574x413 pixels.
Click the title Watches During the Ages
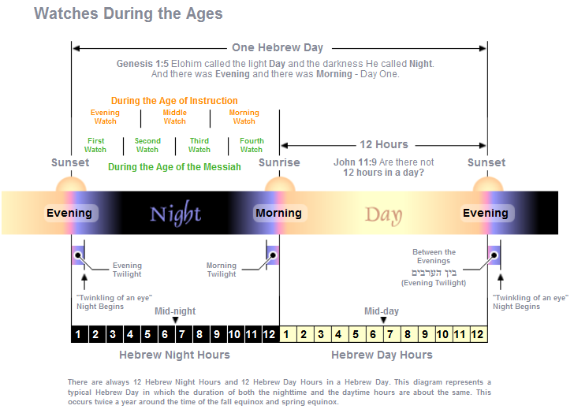[x=128, y=14]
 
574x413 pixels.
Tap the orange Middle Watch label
[x=174, y=117]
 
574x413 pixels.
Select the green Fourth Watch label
[x=252, y=145]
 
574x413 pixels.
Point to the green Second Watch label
[x=147, y=145]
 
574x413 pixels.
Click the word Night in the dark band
[x=175, y=214]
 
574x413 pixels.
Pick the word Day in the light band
[x=383, y=215]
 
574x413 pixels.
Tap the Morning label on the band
[x=278, y=213]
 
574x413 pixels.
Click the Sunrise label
[x=279, y=162]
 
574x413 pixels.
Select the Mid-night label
[x=175, y=311]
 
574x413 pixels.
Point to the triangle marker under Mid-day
[x=383, y=320]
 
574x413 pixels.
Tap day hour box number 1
[x=288, y=334]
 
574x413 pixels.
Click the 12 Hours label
[x=384, y=144]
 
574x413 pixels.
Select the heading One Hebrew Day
[x=278, y=47]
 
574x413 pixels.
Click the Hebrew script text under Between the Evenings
[x=434, y=273]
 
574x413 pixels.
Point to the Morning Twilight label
[x=222, y=270]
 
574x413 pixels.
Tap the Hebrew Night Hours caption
[x=174, y=355]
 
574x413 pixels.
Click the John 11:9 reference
[x=355, y=162]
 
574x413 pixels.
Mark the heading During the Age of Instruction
[x=174, y=101]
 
